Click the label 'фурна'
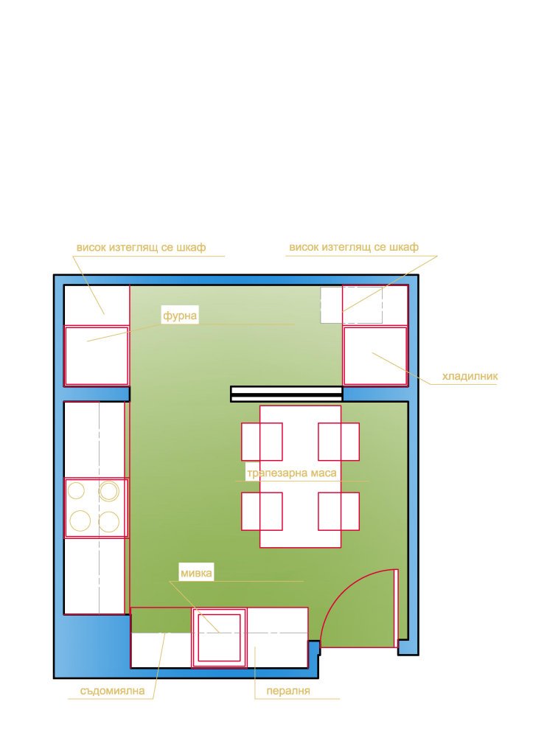click(x=180, y=316)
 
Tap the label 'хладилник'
click(x=470, y=376)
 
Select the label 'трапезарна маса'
click(x=292, y=473)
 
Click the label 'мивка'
click(x=196, y=573)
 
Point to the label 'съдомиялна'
click(x=112, y=691)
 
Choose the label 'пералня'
click(x=288, y=691)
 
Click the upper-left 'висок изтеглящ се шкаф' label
click(x=141, y=248)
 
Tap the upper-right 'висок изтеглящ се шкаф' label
click(x=354, y=247)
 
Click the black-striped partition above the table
click(x=287, y=394)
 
